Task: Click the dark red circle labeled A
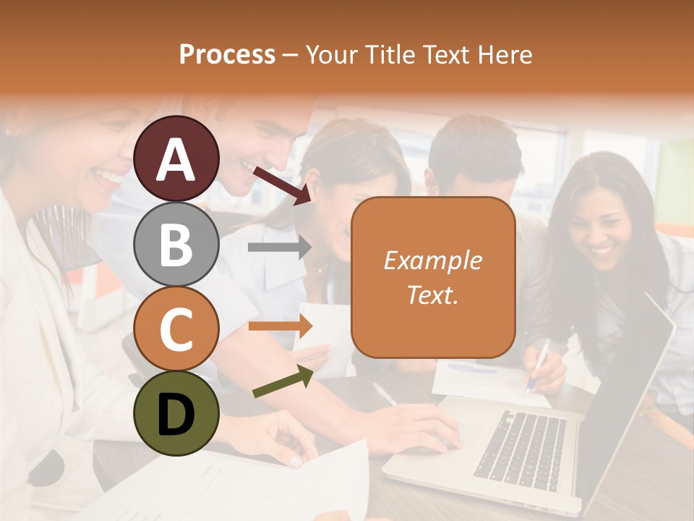point(176,159)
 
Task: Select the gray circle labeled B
point(176,244)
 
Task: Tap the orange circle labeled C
point(176,329)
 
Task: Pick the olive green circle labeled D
point(176,413)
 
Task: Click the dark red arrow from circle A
point(281,184)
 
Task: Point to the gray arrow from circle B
point(279,247)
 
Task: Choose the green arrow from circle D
point(283,381)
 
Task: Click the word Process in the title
point(227,54)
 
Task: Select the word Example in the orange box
point(432,260)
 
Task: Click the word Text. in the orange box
point(432,295)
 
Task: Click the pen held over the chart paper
point(539,365)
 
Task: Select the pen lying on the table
point(385,394)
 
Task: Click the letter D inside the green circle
point(176,415)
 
